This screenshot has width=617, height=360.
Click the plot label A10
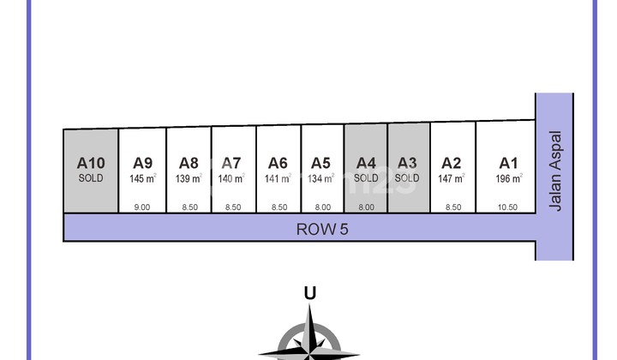point(90,162)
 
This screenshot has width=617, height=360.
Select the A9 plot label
point(142,162)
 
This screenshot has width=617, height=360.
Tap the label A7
point(231,162)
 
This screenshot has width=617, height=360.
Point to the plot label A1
point(509,162)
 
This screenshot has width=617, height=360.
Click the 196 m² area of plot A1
point(509,178)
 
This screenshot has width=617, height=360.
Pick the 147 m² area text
point(452,178)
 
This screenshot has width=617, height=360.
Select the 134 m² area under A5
point(321,178)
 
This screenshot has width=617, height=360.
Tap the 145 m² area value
point(142,178)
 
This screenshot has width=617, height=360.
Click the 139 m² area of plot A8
point(189,178)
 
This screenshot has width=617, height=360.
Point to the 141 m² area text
point(278,178)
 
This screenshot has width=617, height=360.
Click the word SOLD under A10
point(90,178)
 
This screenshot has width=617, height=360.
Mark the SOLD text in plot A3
point(407,178)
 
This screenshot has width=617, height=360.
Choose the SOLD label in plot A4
point(366,178)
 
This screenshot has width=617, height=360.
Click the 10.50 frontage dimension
point(509,207)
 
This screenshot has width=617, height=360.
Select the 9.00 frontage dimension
point(142,207)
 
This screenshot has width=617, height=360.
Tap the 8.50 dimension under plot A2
point(452,207)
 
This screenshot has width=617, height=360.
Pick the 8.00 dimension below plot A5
point(321,207)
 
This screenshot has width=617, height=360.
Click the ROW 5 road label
point(321,229)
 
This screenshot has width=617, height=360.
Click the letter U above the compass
point(309,293)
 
